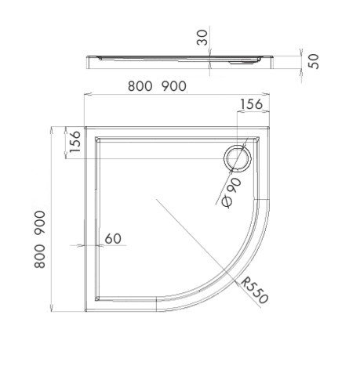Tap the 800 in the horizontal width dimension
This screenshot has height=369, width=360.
(138, 87)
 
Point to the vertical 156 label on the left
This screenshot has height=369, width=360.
(71, 143)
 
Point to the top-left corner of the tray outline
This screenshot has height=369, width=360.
(85, 125)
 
